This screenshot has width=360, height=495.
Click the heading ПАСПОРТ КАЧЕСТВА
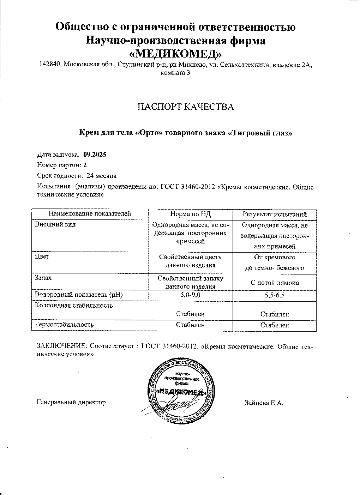(x=185, y=107)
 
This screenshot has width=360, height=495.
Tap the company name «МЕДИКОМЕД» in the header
(x=176, y=53)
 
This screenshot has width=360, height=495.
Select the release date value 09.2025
(x=95, y=155)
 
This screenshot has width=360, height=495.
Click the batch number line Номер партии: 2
(x=62, y=165)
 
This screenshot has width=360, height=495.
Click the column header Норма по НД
(x=190, y=214)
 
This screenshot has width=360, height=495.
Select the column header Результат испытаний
(x=275, y=214)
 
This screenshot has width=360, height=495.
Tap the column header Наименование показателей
(x=90, y=213)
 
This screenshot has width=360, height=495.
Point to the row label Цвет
(x=42, y=256)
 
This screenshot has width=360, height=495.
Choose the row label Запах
(x=43, y=278)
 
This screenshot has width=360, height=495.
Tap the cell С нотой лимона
(x=275, y=283)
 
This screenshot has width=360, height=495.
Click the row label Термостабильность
(x=64, y=324)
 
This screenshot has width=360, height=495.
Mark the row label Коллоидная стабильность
(x=74, y=306)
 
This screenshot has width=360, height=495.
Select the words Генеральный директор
(x=71, y=402)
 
